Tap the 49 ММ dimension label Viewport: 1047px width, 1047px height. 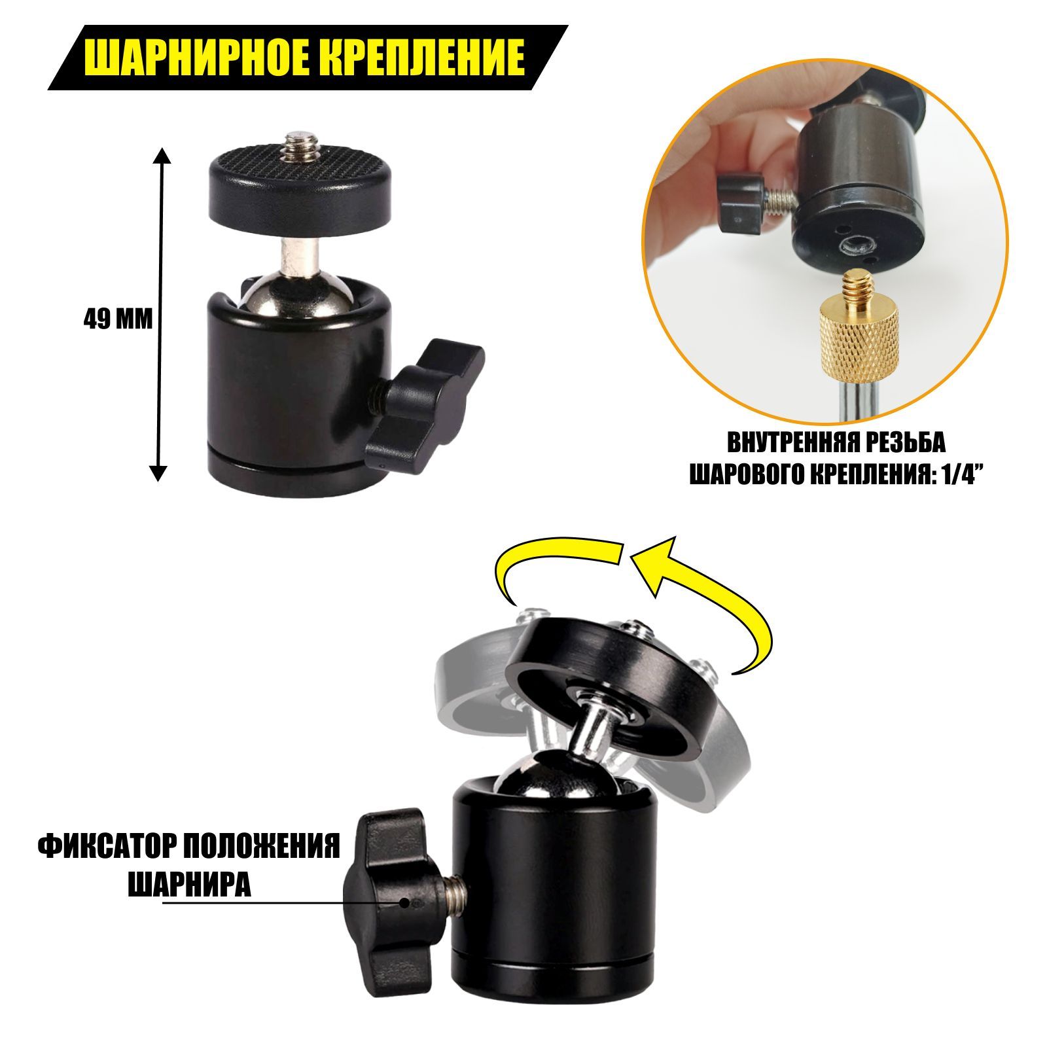[118, 319]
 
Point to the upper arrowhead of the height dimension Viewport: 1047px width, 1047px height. [161, 154]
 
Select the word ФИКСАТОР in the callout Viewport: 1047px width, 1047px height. [108, 849]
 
